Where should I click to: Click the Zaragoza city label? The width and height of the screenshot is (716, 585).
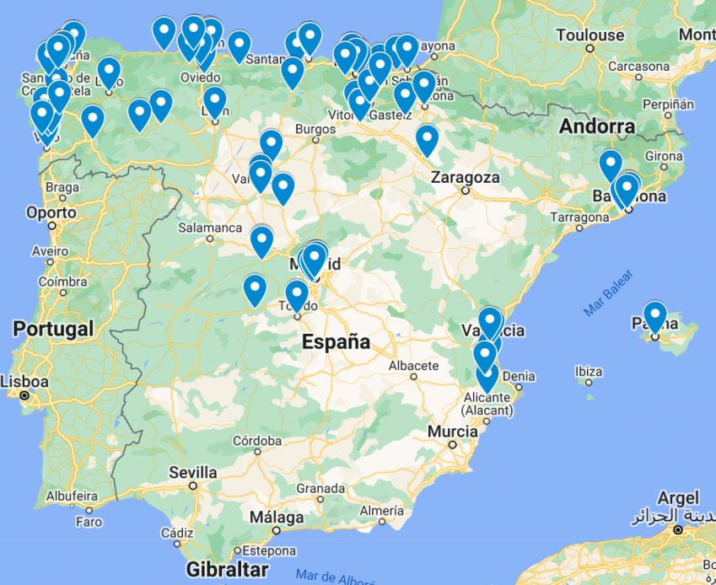coord(465,178)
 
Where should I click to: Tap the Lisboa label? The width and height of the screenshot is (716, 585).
coord(24,381)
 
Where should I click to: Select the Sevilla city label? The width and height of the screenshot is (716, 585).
coord(193,472)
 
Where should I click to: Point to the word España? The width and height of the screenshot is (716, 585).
coord(336,341)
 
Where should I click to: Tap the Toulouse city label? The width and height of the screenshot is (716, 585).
coord(590,35)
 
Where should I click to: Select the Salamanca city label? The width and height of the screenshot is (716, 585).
coord(210,228)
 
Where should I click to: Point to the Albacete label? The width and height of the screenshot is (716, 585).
coord(413,366)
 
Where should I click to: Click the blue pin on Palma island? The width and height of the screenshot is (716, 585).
coord(654,318)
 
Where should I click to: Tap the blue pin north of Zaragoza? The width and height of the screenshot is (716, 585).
coord(427,139)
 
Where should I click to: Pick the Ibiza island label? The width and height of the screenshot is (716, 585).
coord(588,372)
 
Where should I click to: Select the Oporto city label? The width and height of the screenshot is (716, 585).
coord(51,212)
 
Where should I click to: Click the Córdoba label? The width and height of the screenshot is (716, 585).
coord(257,440)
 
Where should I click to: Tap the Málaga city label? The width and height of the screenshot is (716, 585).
coord(277,517)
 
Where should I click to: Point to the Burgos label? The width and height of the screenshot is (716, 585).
coord(315,130)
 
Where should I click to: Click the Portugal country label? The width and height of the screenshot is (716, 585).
coord(52,328)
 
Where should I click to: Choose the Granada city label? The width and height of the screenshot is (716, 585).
coord(320,488)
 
